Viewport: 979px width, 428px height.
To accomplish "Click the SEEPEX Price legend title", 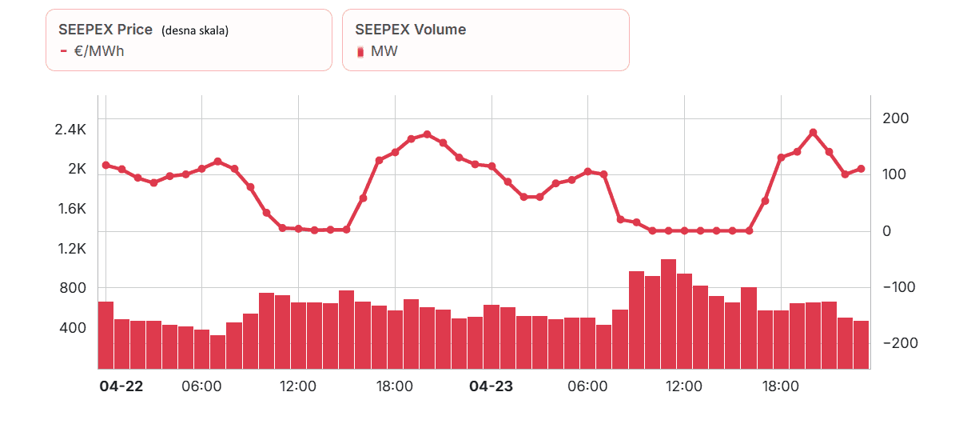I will pyautogui.click(x=105, y=30).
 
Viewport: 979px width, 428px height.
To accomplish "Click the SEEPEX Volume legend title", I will pyautogui.click(x=410, y=30).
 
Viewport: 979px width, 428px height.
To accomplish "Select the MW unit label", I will pyautogui.click(x=384, y=51).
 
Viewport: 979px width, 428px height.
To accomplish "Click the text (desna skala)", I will pyautogui.click(x=195, y=30).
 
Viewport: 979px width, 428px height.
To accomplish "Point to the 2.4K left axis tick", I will pyautogui.click(x=70, y=129).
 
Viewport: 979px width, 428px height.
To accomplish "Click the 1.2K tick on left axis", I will pyautogui.click(x=71, y=249).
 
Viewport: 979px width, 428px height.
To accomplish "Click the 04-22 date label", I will pyautogui.click(x=121, y=386).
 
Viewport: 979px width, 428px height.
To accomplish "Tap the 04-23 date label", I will pyautogui.click(x=491, y=386).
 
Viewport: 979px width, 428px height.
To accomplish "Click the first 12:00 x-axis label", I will pyautogui.click(x=297, y=386).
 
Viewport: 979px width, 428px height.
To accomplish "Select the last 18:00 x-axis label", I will pyautogui.click(x=780, y=386).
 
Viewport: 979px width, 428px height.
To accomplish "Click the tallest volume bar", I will pyautogui.click(x=669, y=314).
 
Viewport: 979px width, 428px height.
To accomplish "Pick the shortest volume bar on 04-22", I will pyautogui.click(x=217, y=352).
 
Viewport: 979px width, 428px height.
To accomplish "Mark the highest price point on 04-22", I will pyautogui.click(x=427, y=134).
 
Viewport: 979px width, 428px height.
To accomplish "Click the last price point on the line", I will pyautogui.click(x=861, y=169).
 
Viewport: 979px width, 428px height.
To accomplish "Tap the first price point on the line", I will pyautogui.click(x=105, y=165).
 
